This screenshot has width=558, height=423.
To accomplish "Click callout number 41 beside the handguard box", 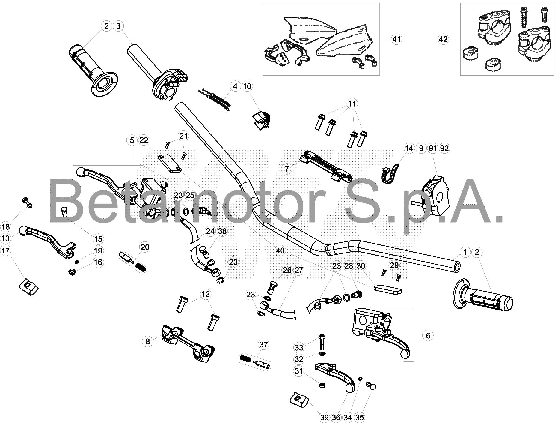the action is pos(396,39).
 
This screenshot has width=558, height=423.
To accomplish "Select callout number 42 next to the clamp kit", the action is pos(443,39).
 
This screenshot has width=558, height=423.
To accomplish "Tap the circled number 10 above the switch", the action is pos(247,86).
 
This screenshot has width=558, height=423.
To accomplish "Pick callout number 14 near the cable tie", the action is pos(409,148).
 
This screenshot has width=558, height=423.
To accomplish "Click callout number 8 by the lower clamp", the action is pos(147,341).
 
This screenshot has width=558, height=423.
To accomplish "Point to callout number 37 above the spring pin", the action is pos(263,345).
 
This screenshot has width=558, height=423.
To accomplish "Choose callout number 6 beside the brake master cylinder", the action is pos(428,336).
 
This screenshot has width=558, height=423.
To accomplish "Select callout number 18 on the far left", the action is pos(6,227).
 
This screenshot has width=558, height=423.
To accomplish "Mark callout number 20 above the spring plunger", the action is pos(145,247).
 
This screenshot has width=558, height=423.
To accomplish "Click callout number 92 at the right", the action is pos(444,148).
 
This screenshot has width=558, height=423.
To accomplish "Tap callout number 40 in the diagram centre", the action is pos(280,250).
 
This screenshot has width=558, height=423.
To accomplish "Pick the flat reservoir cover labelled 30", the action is pos(388,289).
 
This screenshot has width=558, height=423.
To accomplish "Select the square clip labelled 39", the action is pos(300,399).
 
